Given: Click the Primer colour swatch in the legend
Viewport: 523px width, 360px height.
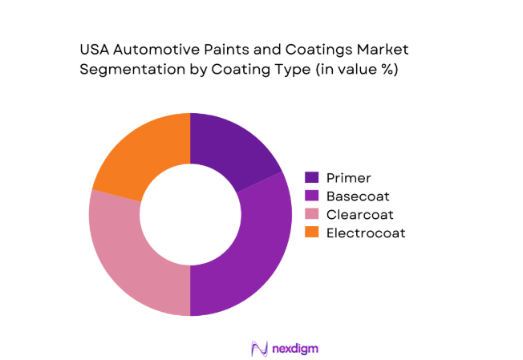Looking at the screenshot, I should click(x=312, y=178).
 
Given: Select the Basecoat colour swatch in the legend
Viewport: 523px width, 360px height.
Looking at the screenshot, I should click(x=312, y=196).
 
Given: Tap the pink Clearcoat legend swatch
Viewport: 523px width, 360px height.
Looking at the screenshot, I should click(x=312, y=214).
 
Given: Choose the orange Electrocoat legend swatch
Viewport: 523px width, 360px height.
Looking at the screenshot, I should click(x=312, y=233).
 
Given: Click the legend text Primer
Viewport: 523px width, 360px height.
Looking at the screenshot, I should click(x=349, y=178).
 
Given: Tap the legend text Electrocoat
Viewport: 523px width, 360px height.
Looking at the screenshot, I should click(x=366, y=233).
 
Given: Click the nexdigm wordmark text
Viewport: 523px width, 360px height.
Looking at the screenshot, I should click(x=291, y=348).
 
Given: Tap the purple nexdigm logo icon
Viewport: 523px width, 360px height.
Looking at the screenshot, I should click(x=258, y=348).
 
